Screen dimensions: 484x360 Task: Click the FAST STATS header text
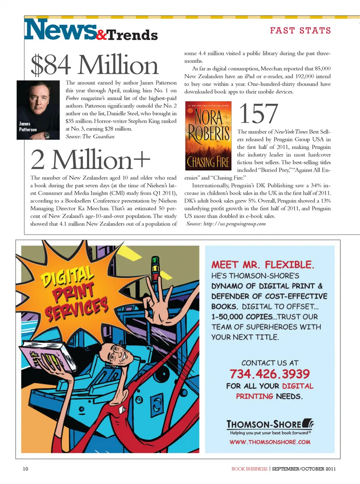click(x=300, y=30)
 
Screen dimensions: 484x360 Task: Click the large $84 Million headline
click(x=94, y=65)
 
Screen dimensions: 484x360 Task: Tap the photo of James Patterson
click(x=38, y=110)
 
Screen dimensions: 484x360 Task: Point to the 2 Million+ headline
click(x=90, y=160)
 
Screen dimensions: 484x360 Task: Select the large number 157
click(x=258, y=114)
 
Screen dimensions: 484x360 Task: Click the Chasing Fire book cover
click(x=208, y=136)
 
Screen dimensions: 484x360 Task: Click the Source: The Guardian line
click(x=90, y=137)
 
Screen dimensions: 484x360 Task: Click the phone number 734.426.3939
click(x=270, y=374)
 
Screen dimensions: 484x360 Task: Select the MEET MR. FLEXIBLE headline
click(x=262, y=265)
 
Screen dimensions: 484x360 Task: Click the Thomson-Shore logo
click(x=270, y=424)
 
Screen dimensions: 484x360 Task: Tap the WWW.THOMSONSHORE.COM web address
click(x=270, y=442)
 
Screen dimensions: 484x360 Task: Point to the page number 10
click(x=25, y=469)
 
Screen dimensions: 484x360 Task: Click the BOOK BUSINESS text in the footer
click(x=249, y=469)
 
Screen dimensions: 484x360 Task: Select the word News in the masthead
click(x=60, y=30)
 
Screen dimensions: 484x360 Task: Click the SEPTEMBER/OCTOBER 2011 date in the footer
click(x=304, y=469)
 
